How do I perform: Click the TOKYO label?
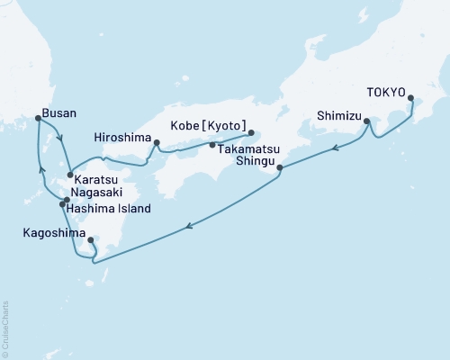(386, 92)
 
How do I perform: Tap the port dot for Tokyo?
(411, 98)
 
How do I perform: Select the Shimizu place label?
(338, 115)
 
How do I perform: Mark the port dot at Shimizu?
(367, 121)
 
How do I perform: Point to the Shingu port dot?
(280, 167)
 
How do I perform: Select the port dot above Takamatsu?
(212, 145)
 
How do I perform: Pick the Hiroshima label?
(121, 138)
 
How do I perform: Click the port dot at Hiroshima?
(157, 142)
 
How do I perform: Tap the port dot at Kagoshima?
(91, 240)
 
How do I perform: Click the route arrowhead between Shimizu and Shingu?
(335, 148)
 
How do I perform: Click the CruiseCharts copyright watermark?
(5, 328)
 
